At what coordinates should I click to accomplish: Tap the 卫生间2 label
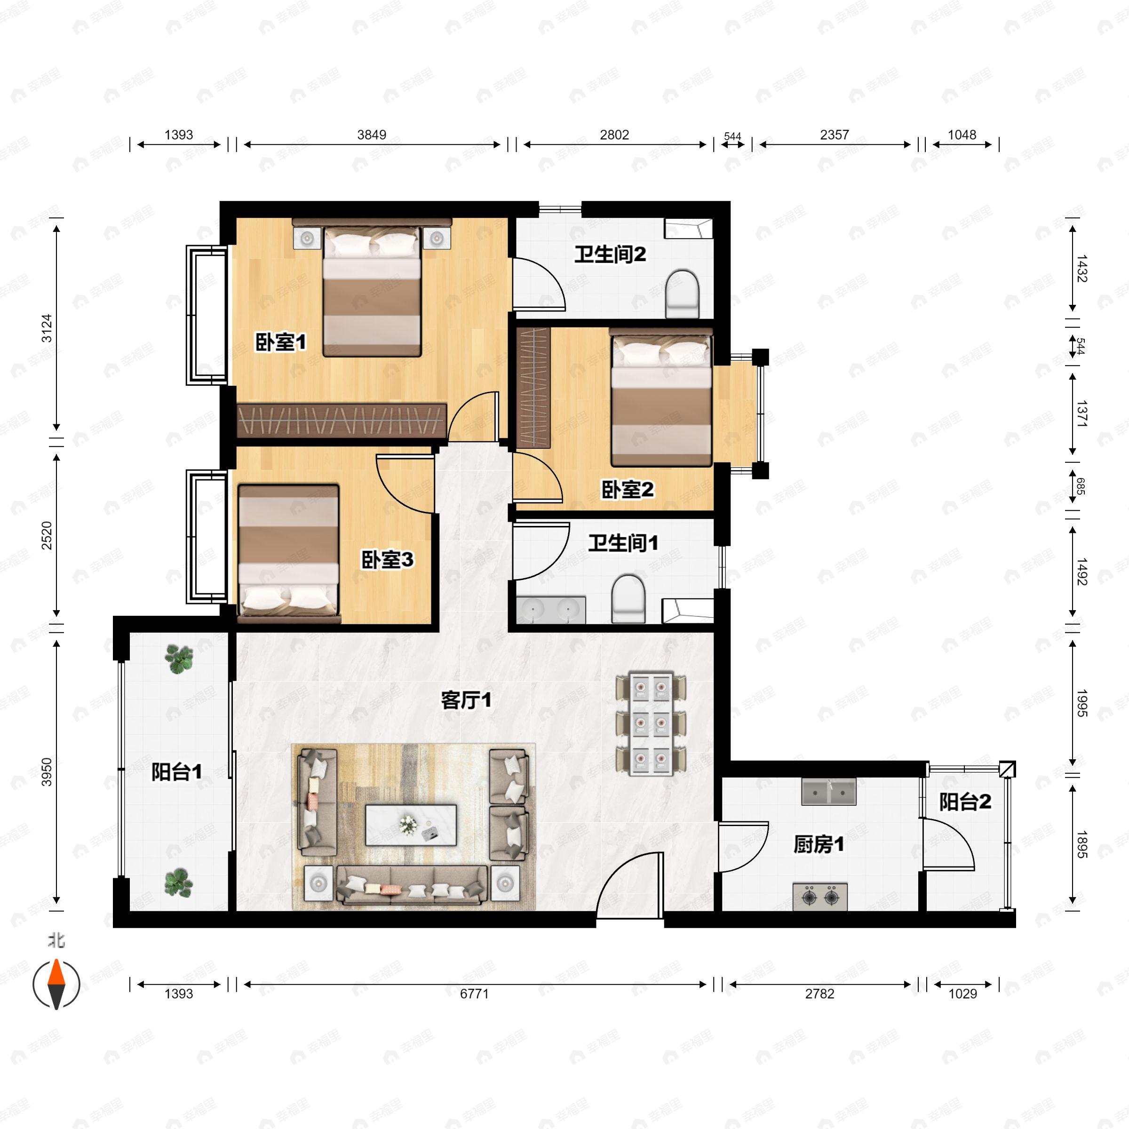coord(610,254)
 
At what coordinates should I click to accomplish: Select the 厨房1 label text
coord(819,844)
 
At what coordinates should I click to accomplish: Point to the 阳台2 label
coord(965,802)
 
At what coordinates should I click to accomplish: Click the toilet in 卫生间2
coord(683,294)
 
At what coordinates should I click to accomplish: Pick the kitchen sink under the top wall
coord(828,792)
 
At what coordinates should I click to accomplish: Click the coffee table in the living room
coord(411,825)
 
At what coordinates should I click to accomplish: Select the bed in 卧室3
coord(289,550)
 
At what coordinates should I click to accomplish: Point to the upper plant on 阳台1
coord(179,659)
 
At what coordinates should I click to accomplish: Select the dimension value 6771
coord(474,994)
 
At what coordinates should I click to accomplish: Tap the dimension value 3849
coord(372,135)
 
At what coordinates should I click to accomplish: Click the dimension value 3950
coord(46,771)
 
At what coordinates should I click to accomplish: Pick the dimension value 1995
coord(1081,703)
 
